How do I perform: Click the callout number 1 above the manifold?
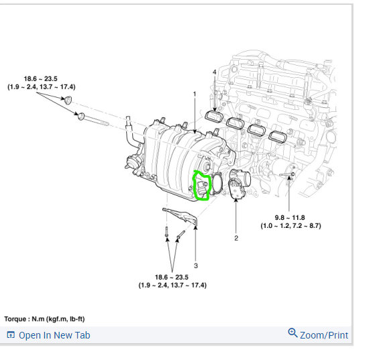[195, 94]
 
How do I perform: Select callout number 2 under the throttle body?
[236, 237]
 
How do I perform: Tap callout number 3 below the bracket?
[195, 265]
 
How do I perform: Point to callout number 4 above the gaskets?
[215, 72]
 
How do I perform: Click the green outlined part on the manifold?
[201, 186]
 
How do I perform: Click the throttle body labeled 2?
[239, 184]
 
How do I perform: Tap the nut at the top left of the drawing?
[68, 101]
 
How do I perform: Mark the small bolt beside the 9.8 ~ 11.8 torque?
[289, 176]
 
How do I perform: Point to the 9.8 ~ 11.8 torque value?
[291, 217]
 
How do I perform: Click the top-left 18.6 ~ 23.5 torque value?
[41, 78]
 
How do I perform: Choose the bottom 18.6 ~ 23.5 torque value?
[172, 277]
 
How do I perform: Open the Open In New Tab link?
[54, 335]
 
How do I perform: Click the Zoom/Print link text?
[323, 335]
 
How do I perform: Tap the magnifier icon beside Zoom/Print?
[292, 333]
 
